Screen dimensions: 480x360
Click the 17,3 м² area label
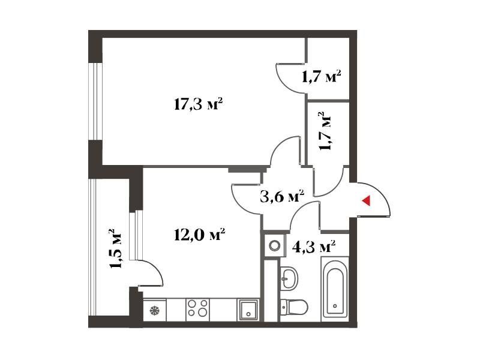[198, 104]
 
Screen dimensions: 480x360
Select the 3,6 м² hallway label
[282, 197]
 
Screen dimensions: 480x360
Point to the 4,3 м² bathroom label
[314, 247]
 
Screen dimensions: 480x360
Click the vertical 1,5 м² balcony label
[116, 248]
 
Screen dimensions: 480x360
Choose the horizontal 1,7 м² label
[322, 77]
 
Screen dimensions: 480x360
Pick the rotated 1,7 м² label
[325, 131]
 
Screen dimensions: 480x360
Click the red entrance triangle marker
[367, 200]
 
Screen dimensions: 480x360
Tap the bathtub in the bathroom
[335, 289]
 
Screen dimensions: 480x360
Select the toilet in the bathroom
[294, 307]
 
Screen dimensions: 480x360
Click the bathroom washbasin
[289, 278]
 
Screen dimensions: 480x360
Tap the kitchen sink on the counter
[248, 310]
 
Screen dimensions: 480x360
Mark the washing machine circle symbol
[274, 245]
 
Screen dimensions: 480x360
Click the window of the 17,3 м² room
[95, 101]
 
